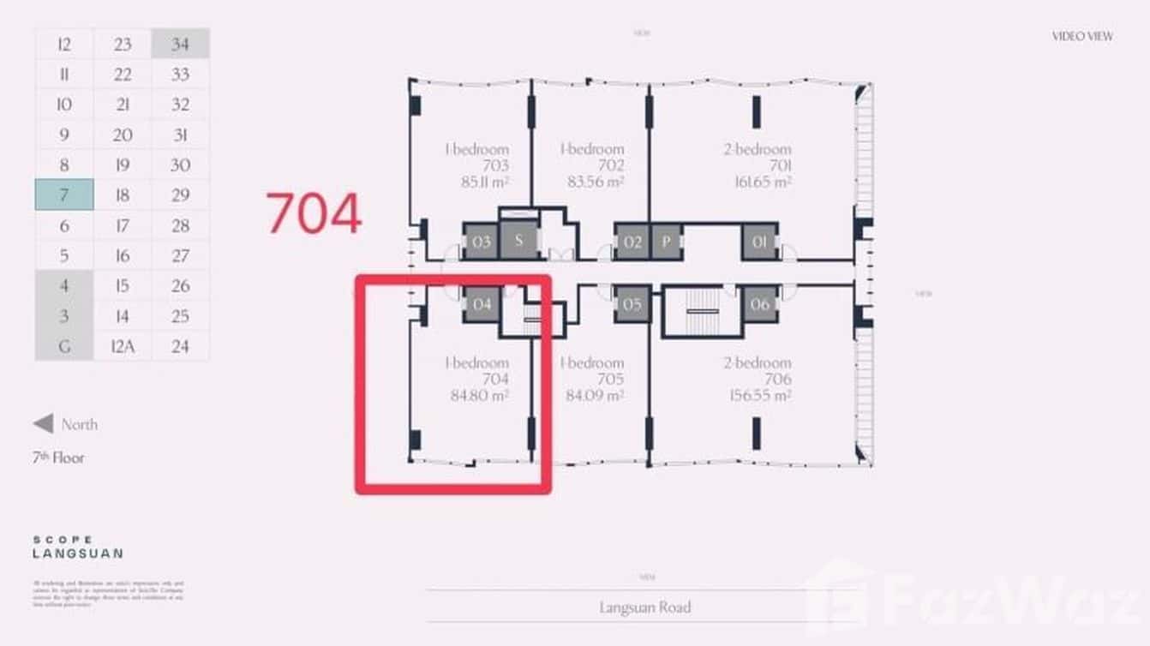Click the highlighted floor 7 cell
point(64,195)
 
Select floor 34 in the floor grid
point(180,44)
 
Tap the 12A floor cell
point(123,346)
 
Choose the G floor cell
point(64,346)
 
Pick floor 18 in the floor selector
point(123,195)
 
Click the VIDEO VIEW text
point(1082,37)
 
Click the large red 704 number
point(314,214)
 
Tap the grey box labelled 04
point(482,304)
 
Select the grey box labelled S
point(518,241)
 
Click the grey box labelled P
point(666,242)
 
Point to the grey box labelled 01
point(759,242)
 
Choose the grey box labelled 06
point(759,304)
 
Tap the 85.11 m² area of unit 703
point(480,182)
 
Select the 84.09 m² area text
point(595,396)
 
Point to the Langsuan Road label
point(644,607)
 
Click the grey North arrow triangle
point(43,424)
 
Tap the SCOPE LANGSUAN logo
point(77,547)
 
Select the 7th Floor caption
point(58,458)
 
